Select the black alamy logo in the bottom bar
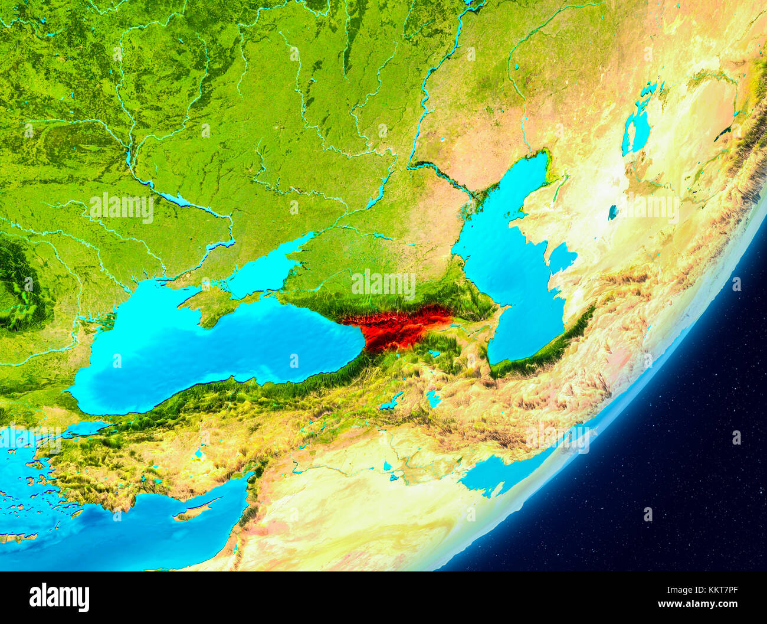click(59, 597)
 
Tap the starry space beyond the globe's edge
click(678, 472)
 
